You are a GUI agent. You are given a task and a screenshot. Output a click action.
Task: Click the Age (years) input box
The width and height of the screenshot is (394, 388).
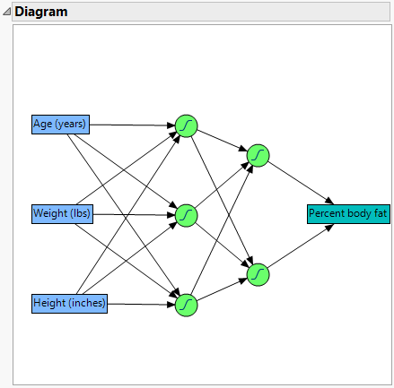pyautogui.click(x=60, y=125)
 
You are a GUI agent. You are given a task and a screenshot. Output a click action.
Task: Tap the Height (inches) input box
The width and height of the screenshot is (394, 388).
pyautogui.click(x=70, y=304)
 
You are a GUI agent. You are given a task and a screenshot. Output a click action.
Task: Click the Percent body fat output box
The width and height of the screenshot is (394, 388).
pyautogui.click(x=348, y=214)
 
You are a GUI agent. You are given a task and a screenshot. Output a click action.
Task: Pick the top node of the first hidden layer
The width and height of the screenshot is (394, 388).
pyautogui.click(x=186, y=125)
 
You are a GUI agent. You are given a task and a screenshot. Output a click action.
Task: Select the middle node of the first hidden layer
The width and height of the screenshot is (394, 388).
pyautogui.click(x=186, y=215)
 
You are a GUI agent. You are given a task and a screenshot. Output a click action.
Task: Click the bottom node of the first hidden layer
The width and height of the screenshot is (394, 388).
pyautogui.click(x=186, y=305)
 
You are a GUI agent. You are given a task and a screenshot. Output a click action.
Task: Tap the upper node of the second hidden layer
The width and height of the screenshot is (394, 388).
pyautogui.click(x=258, y=156)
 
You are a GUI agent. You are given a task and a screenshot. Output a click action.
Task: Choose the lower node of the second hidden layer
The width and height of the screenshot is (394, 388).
pyautogui.click(x=258, y=273)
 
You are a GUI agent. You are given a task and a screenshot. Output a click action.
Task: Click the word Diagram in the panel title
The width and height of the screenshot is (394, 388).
pyautogui.click(x=41, y=12)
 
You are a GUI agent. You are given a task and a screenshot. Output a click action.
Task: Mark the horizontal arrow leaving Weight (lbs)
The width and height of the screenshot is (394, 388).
pyautogui.click(x=135, y=214)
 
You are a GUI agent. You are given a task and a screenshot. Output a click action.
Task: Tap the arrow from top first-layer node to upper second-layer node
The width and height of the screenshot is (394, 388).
pyautogui.click(x=222, y=141)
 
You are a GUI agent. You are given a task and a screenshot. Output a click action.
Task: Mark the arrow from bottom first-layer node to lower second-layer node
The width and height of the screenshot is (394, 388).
pyautogui.click(x=222, y=289)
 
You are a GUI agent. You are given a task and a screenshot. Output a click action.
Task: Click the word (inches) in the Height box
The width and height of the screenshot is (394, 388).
pyautogui.click(x=86, y=304)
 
